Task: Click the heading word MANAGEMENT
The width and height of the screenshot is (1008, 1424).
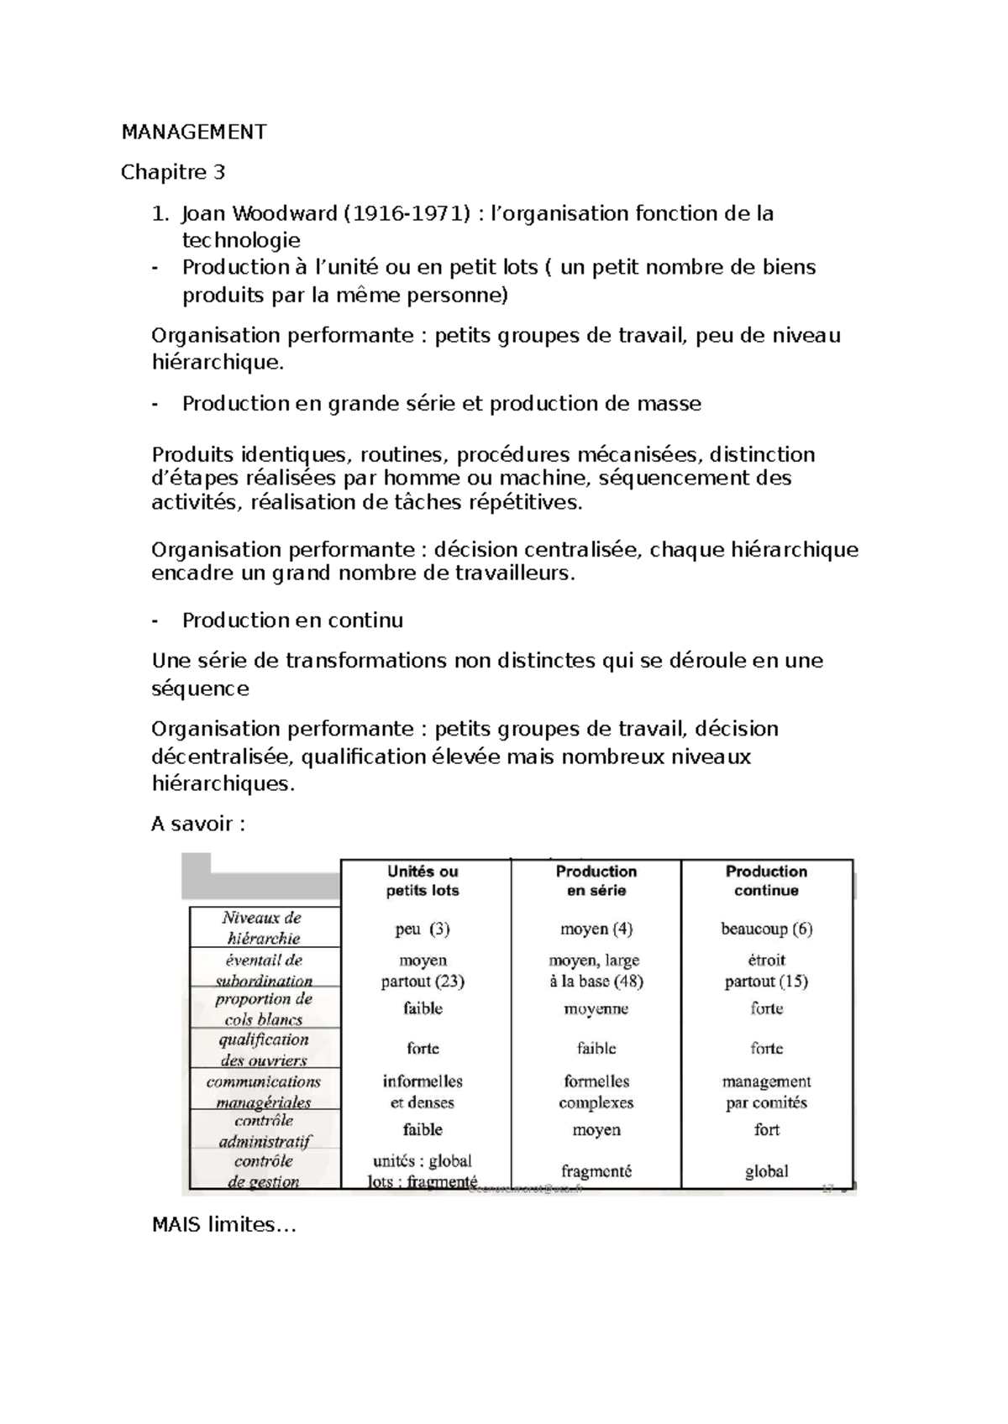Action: point(194,132)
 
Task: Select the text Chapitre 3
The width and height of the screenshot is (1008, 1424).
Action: point(173,172)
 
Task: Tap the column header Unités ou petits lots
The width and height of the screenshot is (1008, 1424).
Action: point(423,881)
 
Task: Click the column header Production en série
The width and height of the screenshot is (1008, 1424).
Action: point(596,881)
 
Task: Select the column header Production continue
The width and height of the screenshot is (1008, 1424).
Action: point(766,881)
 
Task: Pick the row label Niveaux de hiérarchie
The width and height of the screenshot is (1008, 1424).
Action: point(263,928)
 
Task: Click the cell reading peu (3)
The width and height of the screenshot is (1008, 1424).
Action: point(423,929)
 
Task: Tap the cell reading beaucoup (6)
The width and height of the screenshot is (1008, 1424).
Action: point(766,929)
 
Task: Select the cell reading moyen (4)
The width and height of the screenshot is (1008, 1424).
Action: point(596,929)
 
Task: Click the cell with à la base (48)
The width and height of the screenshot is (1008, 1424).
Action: point(596,981)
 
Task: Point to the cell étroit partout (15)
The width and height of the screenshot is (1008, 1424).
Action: point(766,971)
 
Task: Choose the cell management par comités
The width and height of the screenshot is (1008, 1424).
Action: point(766,1092)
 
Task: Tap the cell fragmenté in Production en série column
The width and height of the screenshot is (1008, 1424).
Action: point(596,1171)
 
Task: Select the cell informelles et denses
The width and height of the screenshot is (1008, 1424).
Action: point(423,1092)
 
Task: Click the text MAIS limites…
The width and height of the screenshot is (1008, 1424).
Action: point(224,1225)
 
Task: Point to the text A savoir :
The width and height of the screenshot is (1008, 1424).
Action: point(198,824)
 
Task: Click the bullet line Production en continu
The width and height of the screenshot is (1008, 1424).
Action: point(292,620)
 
